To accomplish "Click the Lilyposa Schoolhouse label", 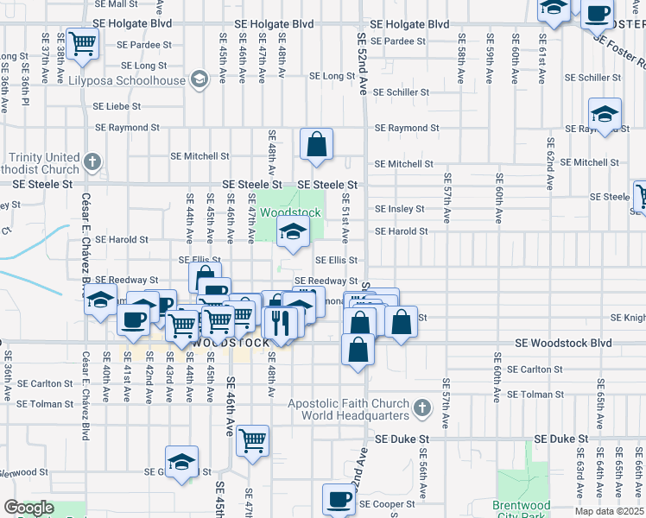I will (140, 80).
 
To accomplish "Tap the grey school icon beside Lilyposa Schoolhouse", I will (199, 81).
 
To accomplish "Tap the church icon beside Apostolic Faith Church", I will (421, 407).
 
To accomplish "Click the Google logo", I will (28, 508).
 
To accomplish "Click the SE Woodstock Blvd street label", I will (562, 343).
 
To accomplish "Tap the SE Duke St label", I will (560, 439).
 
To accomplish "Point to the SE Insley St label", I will (399, 209).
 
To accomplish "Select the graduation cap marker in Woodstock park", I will (293, 231).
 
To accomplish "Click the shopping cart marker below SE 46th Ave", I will (253, 441).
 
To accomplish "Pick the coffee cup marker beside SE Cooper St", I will (339, 498).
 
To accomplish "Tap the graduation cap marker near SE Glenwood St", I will (181, 462).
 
